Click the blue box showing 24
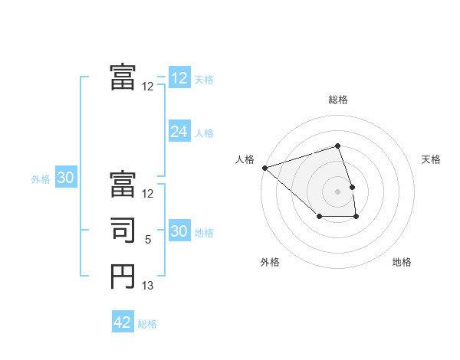pos(179,132)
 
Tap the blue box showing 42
pos(123,322)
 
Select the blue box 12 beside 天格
pos(179,77)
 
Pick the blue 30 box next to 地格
pos(179,231)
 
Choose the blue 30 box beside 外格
pos(66,178)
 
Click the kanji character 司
pos(123,231)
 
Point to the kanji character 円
pos(123,276)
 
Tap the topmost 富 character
pos(123,77)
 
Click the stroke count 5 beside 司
pos(148,240)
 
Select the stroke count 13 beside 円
pos(148,286)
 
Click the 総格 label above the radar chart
pos(338,100)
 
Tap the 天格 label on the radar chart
pos(432,159)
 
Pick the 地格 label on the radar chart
pos(402,262)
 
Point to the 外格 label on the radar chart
pos(270,262)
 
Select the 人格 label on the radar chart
pos(245,159)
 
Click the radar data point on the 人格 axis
pos(264,167)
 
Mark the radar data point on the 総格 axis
pos(338,146)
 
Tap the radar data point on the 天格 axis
pos(352,186)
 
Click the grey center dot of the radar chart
pos(338,191)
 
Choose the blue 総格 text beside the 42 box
pos(147,324)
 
